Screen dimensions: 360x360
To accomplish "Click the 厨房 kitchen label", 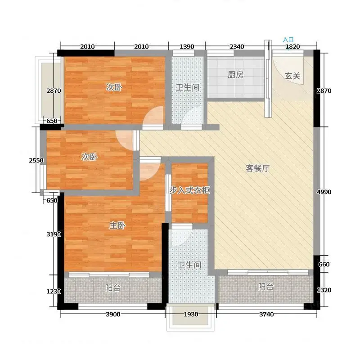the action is coord(235,75).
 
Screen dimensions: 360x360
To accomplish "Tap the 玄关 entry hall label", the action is coord(292,76).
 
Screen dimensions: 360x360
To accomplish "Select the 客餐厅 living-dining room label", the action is coord(257,168).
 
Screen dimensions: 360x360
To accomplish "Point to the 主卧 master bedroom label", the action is coord(117,225).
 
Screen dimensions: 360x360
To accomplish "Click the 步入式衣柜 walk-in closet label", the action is coord(189,190).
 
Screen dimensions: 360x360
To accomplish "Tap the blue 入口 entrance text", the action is coord(288,40).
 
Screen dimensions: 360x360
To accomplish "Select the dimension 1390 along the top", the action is coord(187,47).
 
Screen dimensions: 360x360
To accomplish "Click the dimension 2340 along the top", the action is coord(237,47).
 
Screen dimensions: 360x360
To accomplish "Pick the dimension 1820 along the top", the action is coord(293,47).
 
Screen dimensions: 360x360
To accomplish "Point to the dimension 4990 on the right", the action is coord(324,192).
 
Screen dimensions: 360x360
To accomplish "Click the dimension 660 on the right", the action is coord(324,265).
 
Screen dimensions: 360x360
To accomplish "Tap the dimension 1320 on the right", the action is coord(324,290).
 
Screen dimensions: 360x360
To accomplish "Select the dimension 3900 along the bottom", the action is coord(113,314).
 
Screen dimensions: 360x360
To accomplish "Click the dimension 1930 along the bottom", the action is coord(191,314).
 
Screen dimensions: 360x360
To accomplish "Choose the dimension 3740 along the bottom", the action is coord(266,314).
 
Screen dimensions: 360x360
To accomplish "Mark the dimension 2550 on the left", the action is coord(36,160).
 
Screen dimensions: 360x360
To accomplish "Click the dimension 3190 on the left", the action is coord(54,234).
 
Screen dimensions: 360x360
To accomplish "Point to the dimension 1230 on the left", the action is coord(54,291).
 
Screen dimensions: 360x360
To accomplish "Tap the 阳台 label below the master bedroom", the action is coord(113,288).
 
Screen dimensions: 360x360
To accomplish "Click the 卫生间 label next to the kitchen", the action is coord(188,87).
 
